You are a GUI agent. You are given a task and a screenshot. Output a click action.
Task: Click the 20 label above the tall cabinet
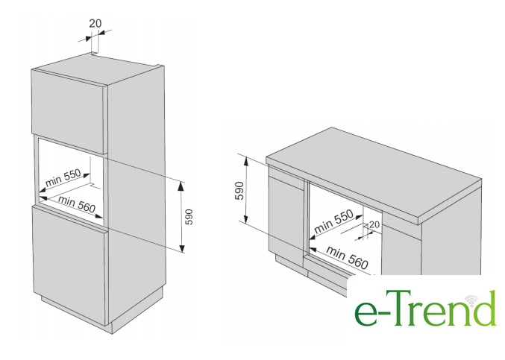(x=95, y=24)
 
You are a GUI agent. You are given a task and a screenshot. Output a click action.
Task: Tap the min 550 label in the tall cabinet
(x=63, y=177)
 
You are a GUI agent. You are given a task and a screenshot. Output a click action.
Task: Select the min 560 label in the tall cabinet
(x=77, y=204)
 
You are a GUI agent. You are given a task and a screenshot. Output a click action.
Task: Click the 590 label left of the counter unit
(x=239, y=191)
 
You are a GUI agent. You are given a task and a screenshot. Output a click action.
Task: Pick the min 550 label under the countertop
(x=333, y=221)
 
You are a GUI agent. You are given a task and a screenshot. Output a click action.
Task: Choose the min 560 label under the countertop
(x=347, y=257)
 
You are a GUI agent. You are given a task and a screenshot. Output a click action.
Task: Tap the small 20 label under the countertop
(x=374, y=224)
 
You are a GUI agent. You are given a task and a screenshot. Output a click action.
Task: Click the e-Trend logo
(x=425, y=308)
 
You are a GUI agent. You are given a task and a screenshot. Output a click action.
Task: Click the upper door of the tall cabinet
(x=69, y=110)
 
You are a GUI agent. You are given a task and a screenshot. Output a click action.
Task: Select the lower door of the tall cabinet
(x=69, y=265)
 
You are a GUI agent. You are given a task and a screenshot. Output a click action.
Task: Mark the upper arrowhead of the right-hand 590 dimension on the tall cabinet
(x=182, y=186)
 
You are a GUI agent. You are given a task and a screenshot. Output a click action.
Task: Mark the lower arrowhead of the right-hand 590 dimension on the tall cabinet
(x=182, y=248)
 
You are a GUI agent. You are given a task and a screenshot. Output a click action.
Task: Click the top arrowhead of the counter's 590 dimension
(x=246, y=160)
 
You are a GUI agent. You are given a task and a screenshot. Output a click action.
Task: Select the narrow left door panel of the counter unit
(x=286, y=215)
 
